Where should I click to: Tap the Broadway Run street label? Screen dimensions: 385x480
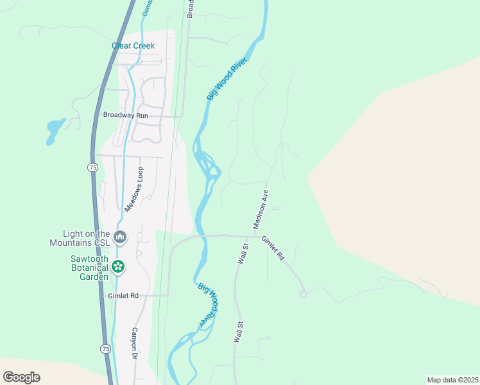tap(126, 115)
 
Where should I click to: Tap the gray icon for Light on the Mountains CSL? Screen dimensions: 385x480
tap(120, 238)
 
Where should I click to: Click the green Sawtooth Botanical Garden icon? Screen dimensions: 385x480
tap(118, 266)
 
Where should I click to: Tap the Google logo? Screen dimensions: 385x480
tap(21, 377)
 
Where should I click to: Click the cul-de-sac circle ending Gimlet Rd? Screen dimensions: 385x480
tap(304, 295)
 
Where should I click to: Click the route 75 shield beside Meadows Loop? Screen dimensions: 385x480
tap(93, 167)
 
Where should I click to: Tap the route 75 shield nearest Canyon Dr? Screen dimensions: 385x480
tap(105, 348)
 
